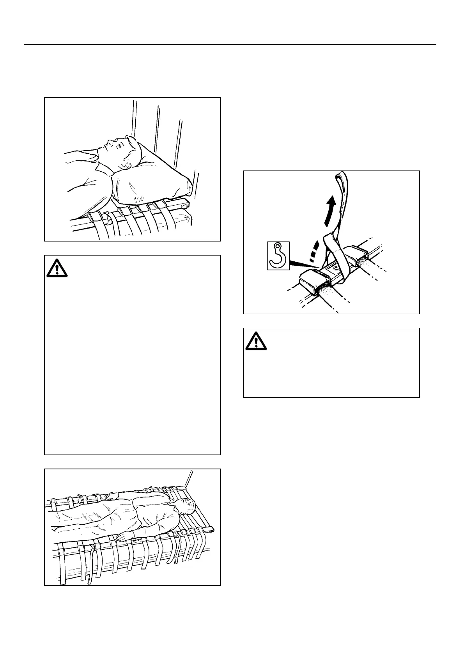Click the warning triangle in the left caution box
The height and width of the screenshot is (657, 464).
(57, 268)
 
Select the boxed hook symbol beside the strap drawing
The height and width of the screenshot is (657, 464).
(278, 255)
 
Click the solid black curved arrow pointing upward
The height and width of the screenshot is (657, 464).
(330, 211)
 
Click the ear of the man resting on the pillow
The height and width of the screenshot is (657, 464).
(126, 166)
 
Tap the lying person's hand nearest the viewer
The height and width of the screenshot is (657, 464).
(122, 539)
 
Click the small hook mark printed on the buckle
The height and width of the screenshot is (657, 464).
(335, 269)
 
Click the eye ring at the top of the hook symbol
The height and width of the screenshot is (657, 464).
(278, 246)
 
